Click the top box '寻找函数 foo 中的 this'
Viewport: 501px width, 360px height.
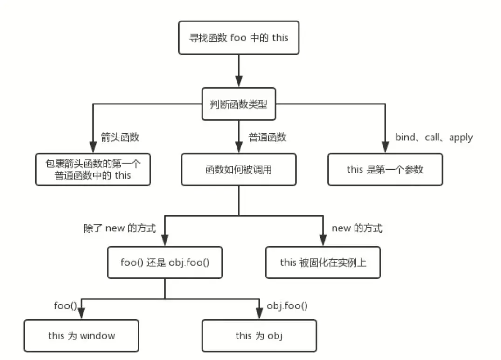coord(238,37)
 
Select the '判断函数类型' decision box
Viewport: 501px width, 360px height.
coord(238,104)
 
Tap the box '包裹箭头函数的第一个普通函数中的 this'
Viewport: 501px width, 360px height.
coord(93,170)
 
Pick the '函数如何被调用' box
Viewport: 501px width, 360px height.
coord(238,170)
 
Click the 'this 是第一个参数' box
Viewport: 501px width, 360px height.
coord(385,170)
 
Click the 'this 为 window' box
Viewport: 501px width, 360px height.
coord(81,335)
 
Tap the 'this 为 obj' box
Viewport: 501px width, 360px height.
coord(259,335)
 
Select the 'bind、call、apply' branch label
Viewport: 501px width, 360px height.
coord(434,138)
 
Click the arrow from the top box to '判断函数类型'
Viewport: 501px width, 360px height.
coord(238,70)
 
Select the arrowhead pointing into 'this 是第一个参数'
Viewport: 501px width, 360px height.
coord(385,149)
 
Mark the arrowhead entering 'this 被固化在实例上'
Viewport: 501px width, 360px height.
coord(323,242)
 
